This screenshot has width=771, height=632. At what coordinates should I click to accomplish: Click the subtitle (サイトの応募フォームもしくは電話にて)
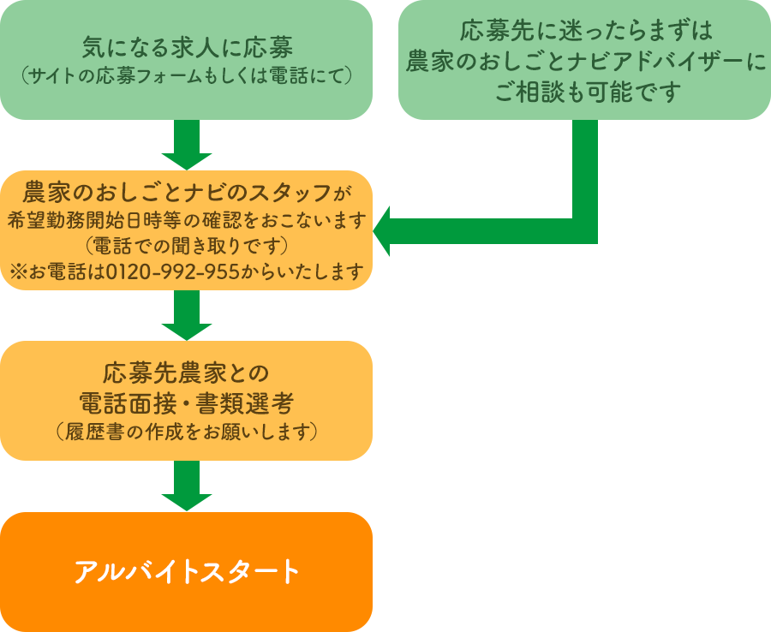tap(187, 76)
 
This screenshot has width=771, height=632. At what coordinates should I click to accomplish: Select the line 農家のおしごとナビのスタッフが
tap(187, 189)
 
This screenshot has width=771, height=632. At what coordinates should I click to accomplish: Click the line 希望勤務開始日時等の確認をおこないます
tap(187, 218)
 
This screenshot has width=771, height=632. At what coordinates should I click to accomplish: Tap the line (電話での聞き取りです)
tap(187, 246)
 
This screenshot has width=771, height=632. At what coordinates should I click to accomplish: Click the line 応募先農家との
tap(187, 373)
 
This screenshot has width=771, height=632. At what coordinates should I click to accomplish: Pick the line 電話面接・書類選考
tap(187, 402)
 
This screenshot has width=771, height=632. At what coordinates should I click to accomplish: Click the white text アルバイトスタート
tap(187, 571)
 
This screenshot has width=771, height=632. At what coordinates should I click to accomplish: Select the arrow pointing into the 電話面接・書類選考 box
tap(187, 316)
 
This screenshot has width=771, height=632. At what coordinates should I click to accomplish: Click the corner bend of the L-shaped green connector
tap(584, 230)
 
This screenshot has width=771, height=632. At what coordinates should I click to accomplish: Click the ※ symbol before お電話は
tap(18, 273)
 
